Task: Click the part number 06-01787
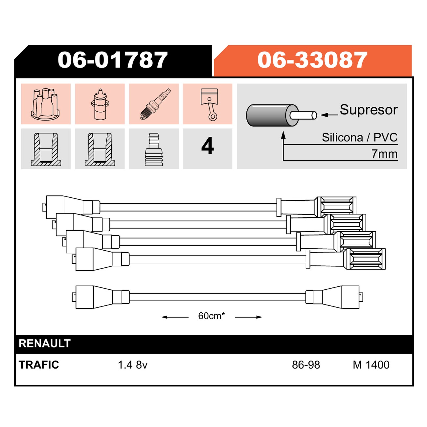(x=112, y=60)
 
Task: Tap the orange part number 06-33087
(x=313, y=60)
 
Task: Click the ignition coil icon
(x=100, y=104)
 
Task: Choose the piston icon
(x=209, y=104)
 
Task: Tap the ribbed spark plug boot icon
(x=154, y=149)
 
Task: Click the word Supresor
(x=369, y=110)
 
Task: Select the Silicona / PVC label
(x=360, y=137)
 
